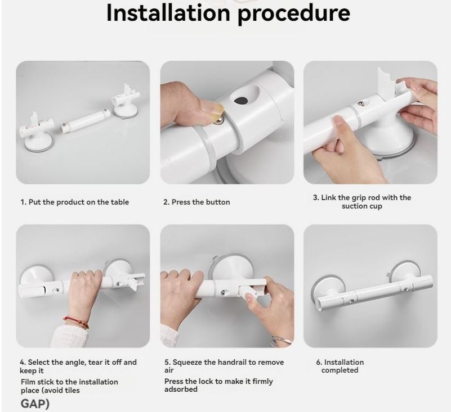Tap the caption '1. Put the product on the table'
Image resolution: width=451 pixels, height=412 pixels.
[75, 202]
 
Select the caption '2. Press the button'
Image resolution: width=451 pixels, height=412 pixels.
[197, 202]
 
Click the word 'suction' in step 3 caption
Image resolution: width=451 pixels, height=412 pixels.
[355, 206]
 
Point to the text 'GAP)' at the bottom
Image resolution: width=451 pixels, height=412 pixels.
[35, 404]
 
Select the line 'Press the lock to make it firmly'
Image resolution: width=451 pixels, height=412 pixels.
[218, 382]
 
